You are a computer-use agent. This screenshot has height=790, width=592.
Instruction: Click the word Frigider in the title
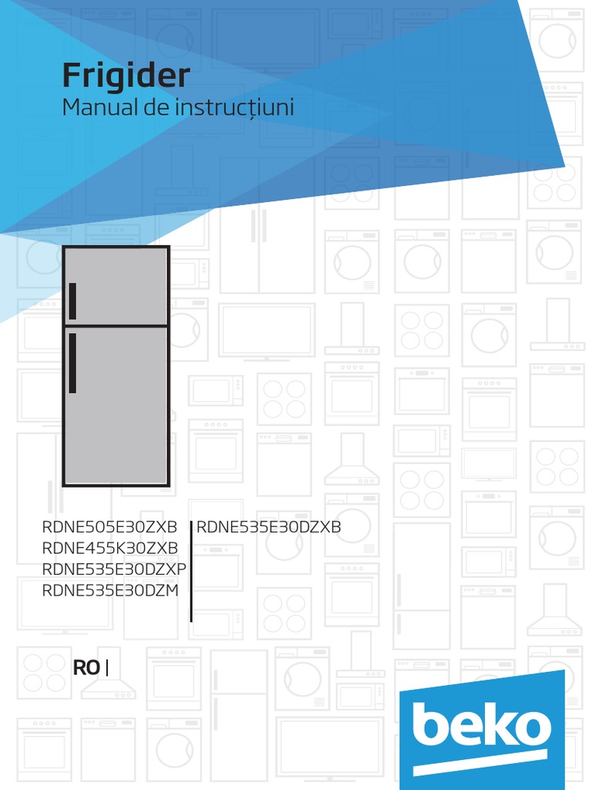tap(126, 76)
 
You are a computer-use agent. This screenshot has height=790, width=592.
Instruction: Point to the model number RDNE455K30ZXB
tap(110, 548)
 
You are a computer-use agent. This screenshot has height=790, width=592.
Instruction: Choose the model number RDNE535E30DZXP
tap(115, 569)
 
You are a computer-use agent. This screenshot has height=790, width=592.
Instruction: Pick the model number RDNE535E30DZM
tap(111, 591)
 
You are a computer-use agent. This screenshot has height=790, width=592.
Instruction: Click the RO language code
tap(86, 668)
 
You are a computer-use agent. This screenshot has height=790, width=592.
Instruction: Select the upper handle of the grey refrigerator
tap(72, 301)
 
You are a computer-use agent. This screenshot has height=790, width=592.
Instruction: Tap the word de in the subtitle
tap(156, 108)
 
